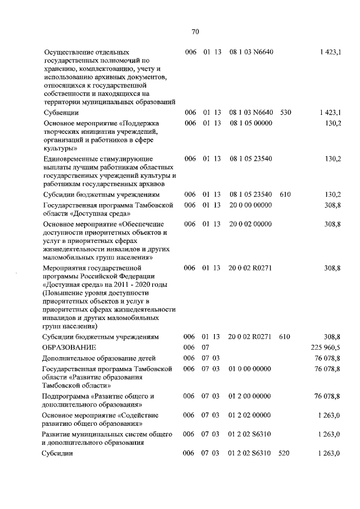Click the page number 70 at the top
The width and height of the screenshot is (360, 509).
(195, 31)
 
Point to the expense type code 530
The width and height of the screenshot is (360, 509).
(285, 112)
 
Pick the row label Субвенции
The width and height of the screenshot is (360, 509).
(59, 112)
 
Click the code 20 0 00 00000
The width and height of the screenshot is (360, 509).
(250, 206)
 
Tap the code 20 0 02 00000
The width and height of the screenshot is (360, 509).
(250, 224)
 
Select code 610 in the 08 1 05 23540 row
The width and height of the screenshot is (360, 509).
(285, 195)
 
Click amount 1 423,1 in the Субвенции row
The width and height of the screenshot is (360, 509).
(330, 112)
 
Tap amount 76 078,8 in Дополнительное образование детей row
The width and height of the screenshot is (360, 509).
(328, 358)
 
